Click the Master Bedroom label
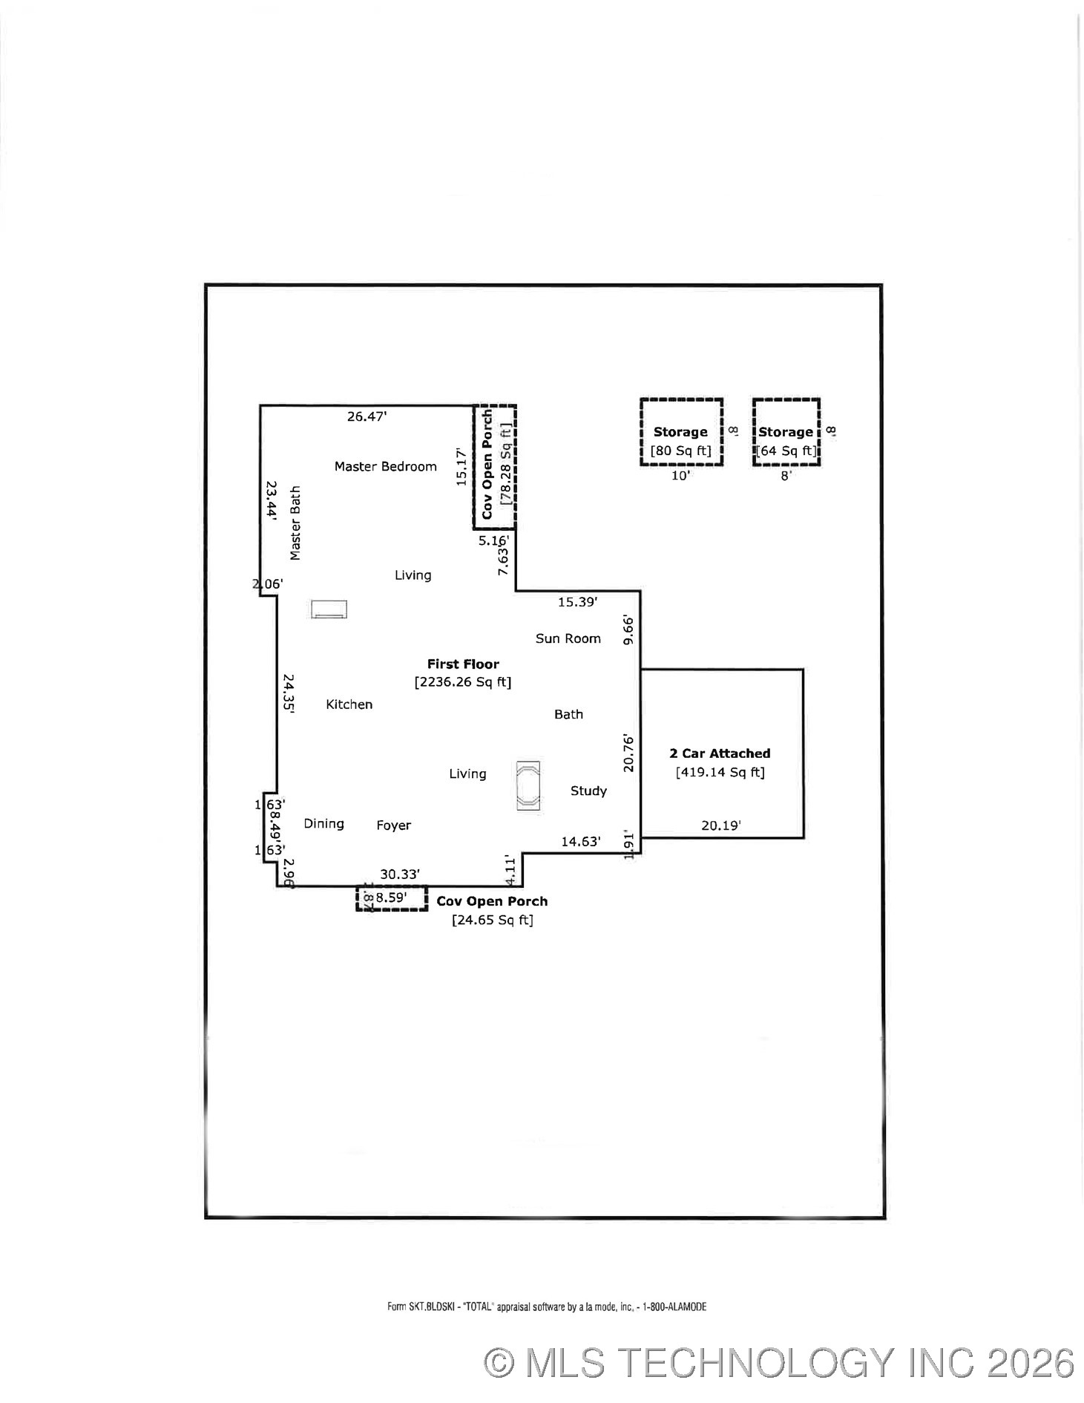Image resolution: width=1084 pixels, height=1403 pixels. [385, 466]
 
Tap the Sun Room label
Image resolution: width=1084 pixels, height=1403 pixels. [568, 638]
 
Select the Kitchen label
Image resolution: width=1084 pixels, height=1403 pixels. [349, 704]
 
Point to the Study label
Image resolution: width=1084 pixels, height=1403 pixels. [588, 791]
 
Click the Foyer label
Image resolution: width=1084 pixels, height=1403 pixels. [393, 825]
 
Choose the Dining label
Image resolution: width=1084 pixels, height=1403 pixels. [323, 823]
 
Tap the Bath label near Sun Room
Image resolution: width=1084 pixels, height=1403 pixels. [568, 714]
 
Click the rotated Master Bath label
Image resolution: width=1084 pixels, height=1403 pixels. [295, 523]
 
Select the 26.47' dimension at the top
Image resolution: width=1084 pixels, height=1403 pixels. [367, 416]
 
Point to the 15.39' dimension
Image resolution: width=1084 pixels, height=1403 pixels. [577, 602]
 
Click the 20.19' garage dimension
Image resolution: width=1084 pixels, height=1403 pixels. [720, 825]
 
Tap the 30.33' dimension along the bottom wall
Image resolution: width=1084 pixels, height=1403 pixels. [400, 874]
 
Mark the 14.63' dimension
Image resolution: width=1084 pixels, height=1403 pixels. [580, 841]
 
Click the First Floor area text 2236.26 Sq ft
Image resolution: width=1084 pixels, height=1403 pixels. [463, 681]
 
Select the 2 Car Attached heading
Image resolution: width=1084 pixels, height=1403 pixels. [720, 753]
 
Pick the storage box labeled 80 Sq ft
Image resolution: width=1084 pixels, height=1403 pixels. [681, 433]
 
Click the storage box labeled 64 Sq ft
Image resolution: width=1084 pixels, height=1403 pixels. [786, 433]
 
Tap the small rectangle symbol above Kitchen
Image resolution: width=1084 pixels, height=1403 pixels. [329, 609]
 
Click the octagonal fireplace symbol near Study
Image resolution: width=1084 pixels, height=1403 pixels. [528, 785]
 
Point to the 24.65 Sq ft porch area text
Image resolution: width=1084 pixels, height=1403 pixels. [492, 920]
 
